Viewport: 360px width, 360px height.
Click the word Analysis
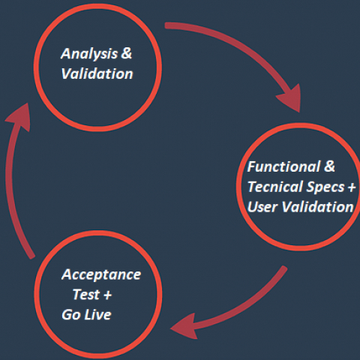(89, 54)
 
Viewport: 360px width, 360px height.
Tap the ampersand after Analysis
(127, 52)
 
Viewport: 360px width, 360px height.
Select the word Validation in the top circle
(97, 73)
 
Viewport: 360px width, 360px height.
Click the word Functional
(283, 166)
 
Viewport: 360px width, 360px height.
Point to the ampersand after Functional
(329, 166)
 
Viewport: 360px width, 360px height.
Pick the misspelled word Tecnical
(275, 187)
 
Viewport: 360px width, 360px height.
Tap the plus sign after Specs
(352, 187)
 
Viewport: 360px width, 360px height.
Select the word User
(262, 207)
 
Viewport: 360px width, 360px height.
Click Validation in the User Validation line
(318, 207)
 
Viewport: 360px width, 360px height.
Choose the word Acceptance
(101, 275)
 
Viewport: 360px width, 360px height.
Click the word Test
(86, 294)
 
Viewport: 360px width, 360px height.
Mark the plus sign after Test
(108, 295)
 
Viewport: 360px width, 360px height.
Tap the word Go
(71, 314)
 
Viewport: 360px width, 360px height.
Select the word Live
(97, 314)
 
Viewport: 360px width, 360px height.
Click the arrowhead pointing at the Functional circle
(291, 99)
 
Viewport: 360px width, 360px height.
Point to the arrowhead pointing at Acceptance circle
(184, 326)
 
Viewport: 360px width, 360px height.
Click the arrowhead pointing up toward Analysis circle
(20, 116)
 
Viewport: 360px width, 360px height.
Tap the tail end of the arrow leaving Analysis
(166, 25)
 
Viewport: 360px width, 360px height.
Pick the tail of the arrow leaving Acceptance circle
(31, 257)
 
